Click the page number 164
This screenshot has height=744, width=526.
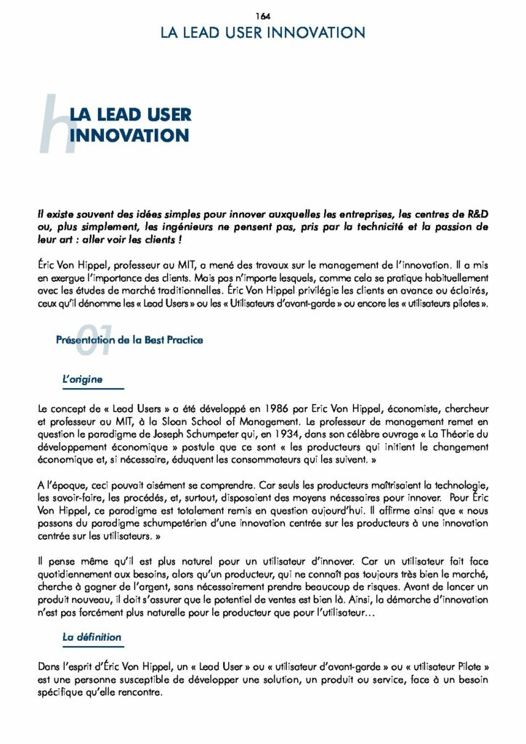tap(263, 16)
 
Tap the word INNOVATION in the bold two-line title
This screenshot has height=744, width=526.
tap(129, 135)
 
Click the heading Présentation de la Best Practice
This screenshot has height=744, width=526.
tap(129, 340)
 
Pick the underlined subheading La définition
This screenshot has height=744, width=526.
tap(92, 637)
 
